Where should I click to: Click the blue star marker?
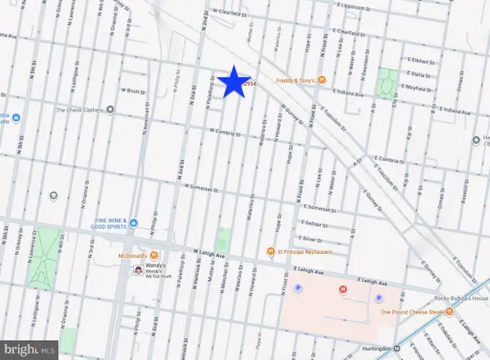pyautogui.click(x=234, y=82)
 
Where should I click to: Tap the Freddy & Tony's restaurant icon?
pyautogui.click(x=322, y=79)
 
